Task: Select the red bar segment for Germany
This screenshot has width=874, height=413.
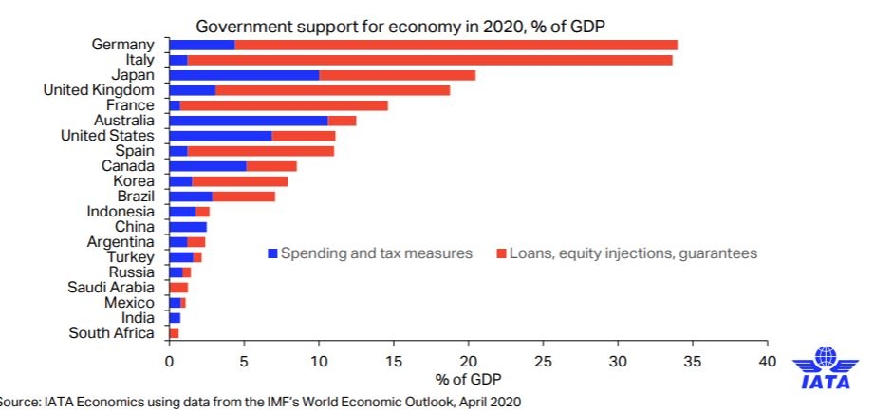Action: [456, 45]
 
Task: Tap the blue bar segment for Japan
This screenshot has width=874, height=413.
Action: [244, 75]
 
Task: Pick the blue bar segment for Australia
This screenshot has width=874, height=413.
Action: [248, 121]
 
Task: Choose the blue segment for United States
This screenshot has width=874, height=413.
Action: [220, 136]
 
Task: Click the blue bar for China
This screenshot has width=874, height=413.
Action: [188, 227]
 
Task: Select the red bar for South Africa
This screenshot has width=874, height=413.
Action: [174, 333]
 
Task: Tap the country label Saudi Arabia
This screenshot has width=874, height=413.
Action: [110, 288]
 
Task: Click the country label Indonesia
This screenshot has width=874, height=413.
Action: [120, 212]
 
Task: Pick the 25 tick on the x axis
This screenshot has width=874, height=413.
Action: [543, 362]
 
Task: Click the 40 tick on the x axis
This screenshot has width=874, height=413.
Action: [767, 362]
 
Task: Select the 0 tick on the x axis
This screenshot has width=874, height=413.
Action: [169, 362]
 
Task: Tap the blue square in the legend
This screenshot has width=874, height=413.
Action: [272, 253]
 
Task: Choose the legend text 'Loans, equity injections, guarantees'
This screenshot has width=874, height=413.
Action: [633, 253]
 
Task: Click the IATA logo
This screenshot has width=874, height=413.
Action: [827, 370]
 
